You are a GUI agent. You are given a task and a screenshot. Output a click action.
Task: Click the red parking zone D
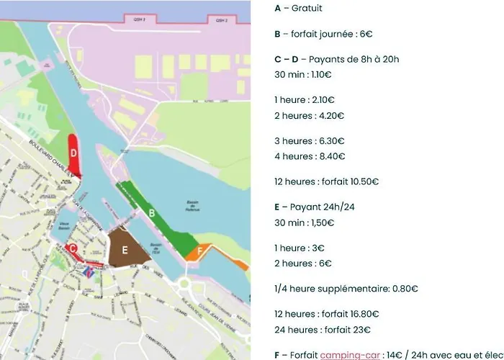tap(73, 153)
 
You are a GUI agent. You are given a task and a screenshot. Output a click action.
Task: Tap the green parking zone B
tap(152, 213)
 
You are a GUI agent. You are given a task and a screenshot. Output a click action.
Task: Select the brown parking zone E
tap(125, 250)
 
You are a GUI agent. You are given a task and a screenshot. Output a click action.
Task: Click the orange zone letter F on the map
tap(189, 252)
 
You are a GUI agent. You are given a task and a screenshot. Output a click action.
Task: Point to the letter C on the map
tap(73, 248)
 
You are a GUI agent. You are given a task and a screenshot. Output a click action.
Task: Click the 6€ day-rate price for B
tap(365, 34)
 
